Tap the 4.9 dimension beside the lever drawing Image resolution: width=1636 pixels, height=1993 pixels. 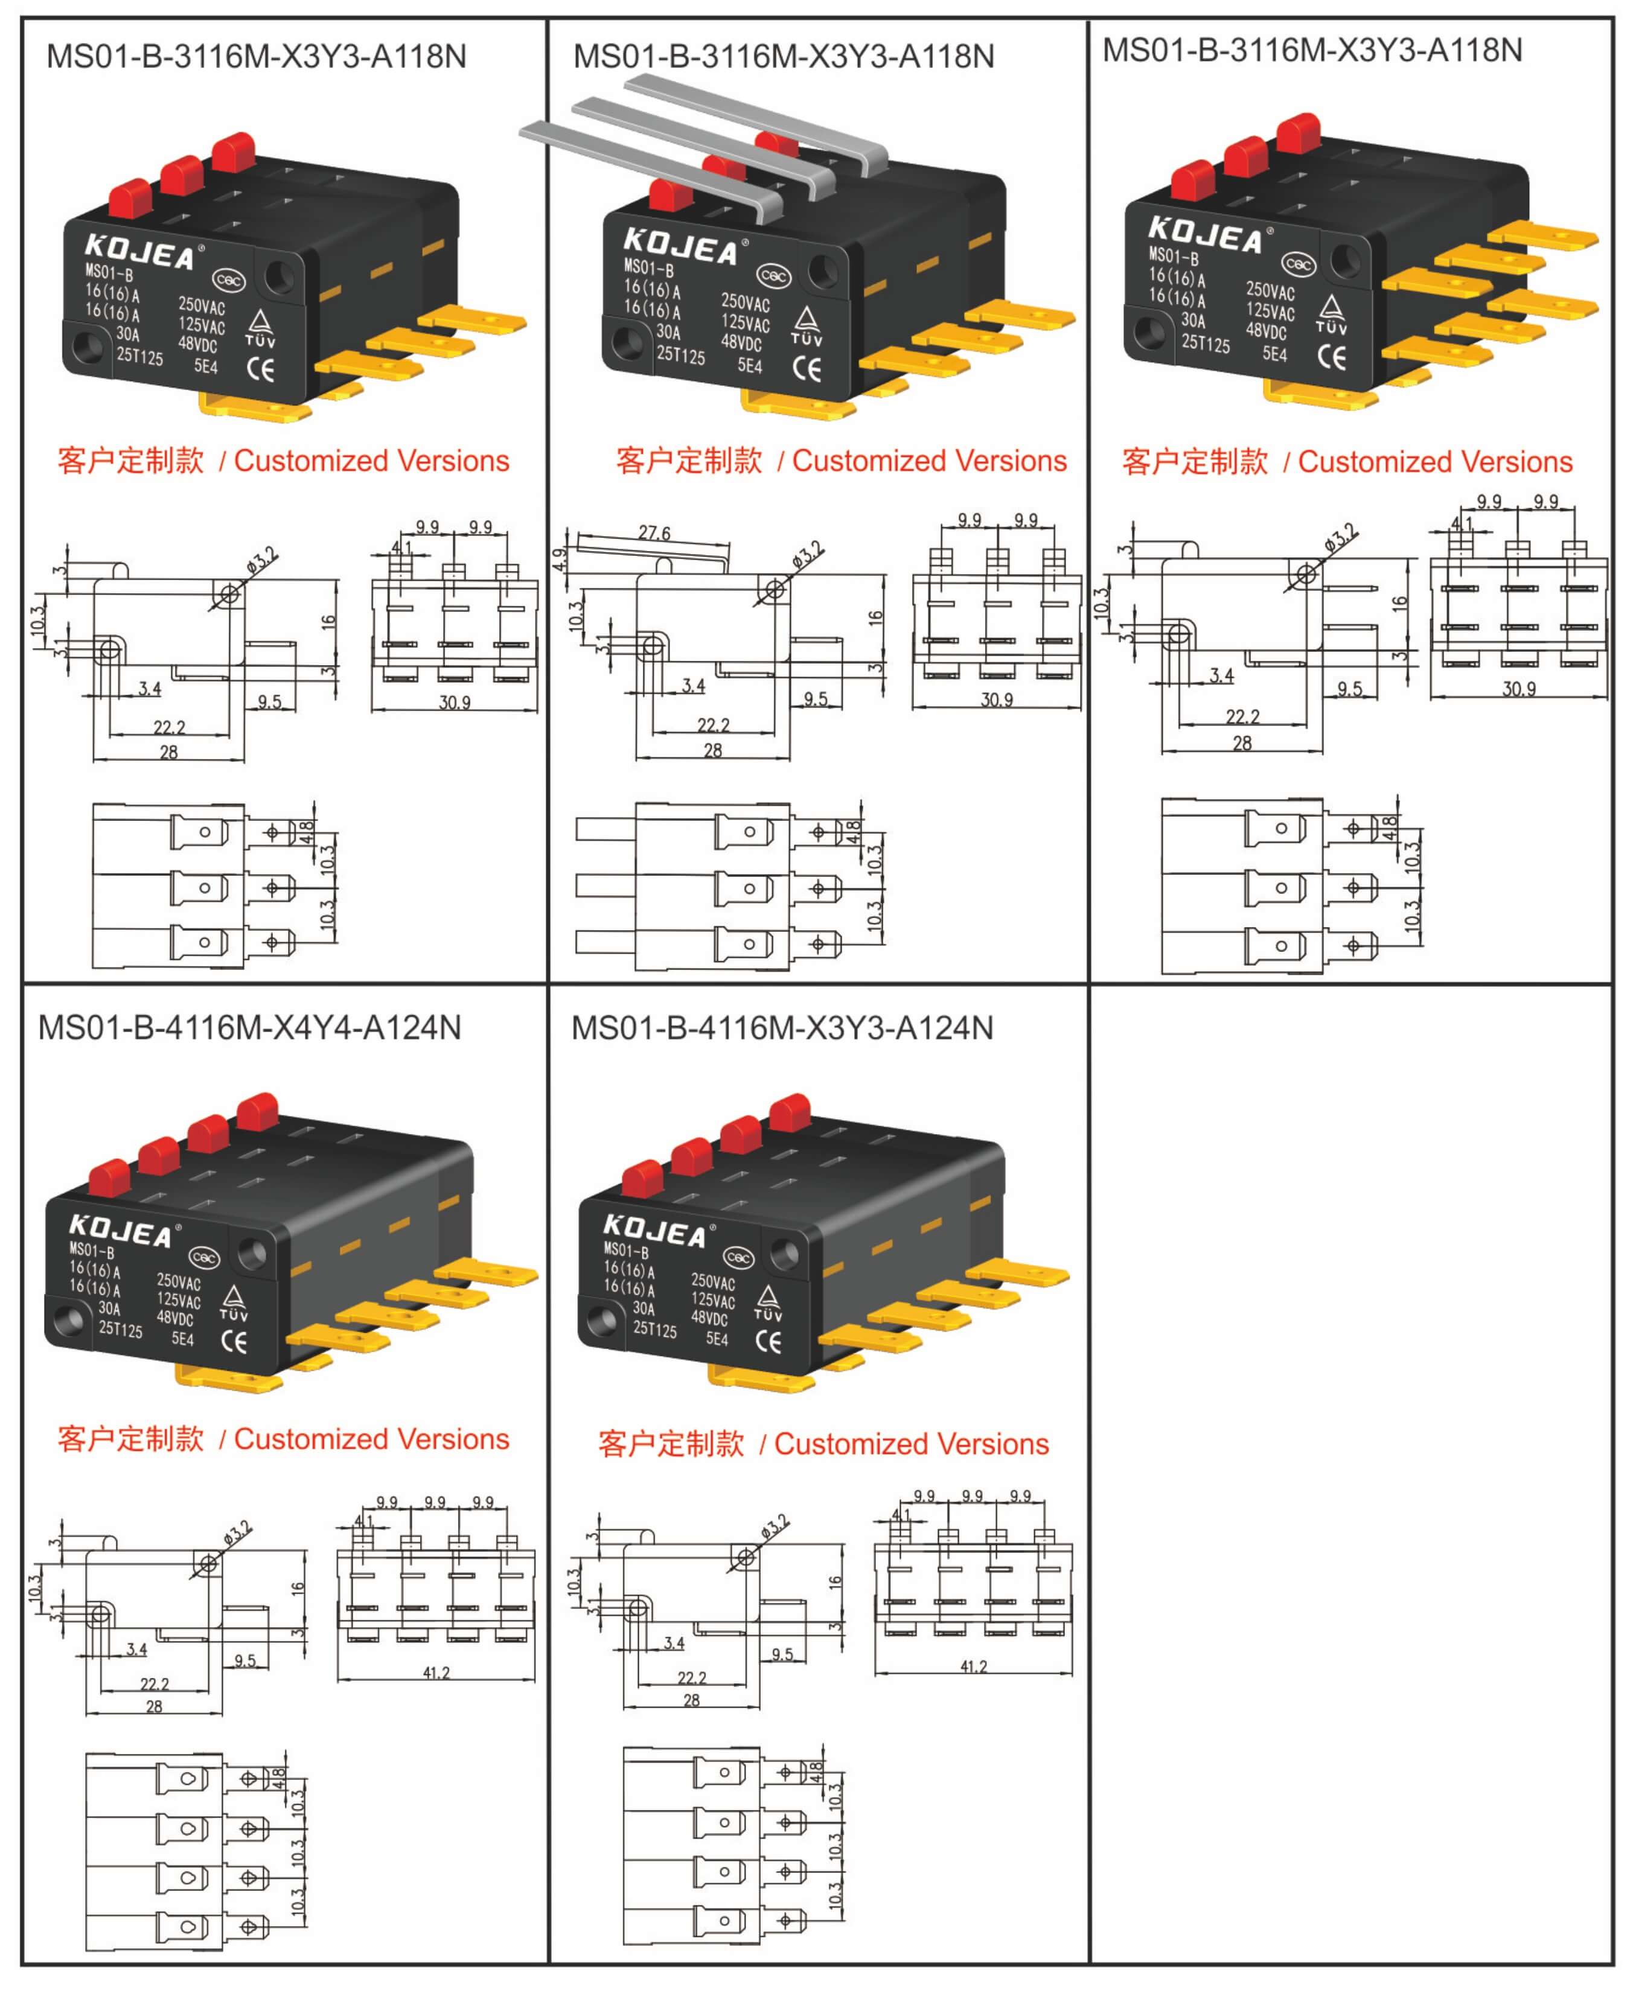point(560,560)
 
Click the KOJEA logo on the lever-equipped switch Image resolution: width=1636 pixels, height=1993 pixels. point(682,247)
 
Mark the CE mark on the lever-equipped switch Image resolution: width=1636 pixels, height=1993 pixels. point(807,368)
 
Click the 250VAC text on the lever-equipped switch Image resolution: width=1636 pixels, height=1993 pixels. point(746,302)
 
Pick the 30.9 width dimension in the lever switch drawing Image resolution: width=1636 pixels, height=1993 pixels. point(996,699)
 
